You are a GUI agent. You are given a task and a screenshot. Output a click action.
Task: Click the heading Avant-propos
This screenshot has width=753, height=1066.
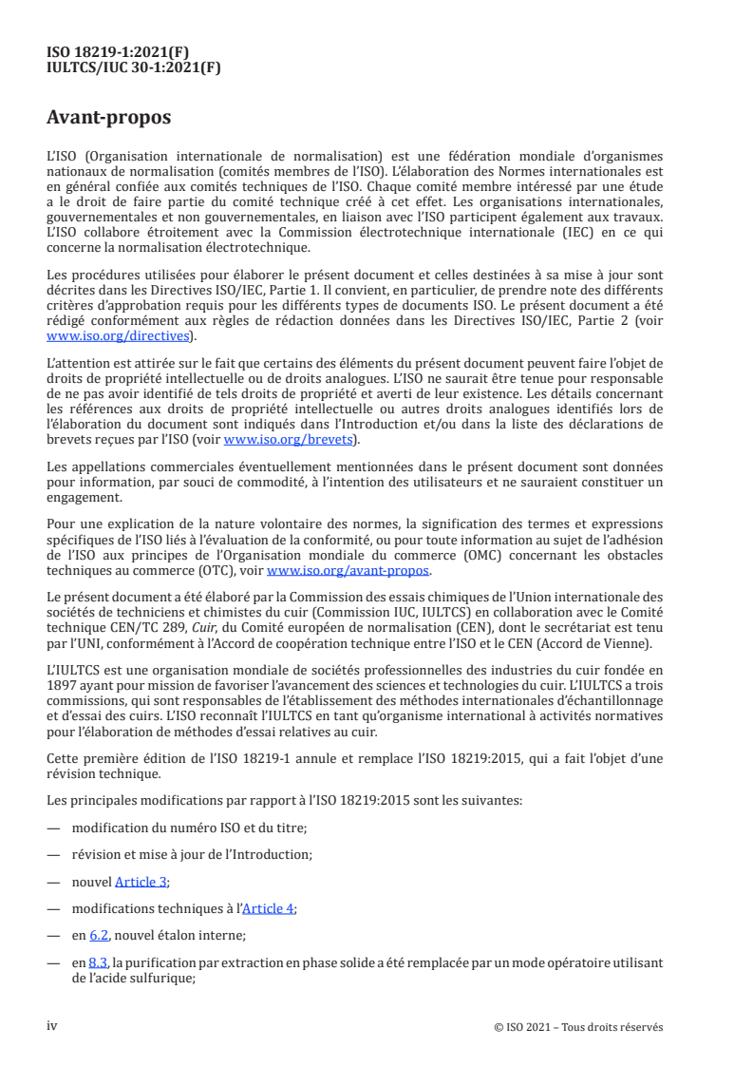tap(108, 119)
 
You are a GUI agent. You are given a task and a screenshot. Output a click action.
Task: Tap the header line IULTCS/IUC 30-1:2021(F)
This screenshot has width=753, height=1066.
tap(134, 67)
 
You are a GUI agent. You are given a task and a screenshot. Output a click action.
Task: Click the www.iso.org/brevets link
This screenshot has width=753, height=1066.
tap(287, 440)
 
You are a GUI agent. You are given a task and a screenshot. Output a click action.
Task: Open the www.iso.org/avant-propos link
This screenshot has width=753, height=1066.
tap(348, 571)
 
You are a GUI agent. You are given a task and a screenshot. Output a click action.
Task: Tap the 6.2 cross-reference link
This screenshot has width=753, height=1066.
tap(99, 935)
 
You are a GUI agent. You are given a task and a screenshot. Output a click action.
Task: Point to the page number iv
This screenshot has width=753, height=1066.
tap(52, 1026)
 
